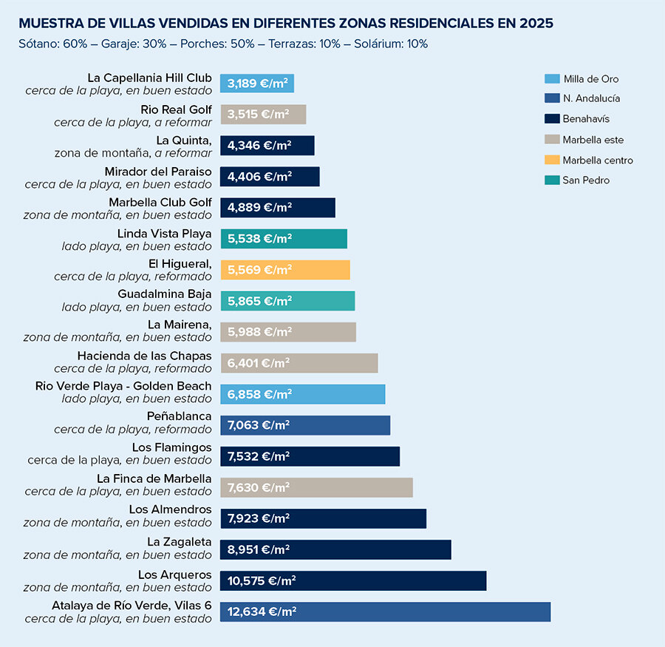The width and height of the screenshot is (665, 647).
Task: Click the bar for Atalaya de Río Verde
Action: pos(385,612)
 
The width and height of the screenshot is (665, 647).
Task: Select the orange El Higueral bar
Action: pos(285,270)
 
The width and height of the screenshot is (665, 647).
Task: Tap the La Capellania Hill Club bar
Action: pos(257,83)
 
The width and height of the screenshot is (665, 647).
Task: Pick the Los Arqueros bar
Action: pos(353,580)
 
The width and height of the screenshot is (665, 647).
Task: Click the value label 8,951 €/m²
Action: pos(259,549)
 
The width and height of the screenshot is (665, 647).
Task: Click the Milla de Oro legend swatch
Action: pos(551,79)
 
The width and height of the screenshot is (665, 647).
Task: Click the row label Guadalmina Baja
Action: pos(165,294)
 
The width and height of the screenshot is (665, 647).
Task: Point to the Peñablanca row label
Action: pos(179,417)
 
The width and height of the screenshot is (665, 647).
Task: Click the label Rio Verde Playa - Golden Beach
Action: pos(123,386)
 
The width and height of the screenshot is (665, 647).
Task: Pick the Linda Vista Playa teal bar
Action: pos(284,239)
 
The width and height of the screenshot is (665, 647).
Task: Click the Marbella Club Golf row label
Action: pos(160,202)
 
